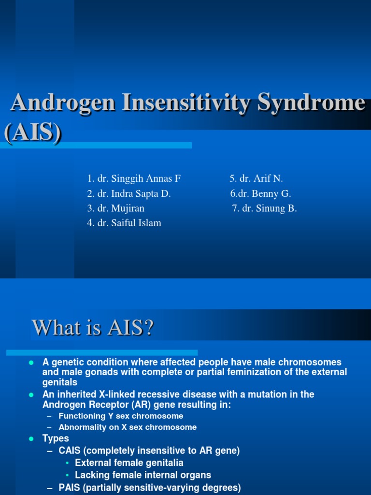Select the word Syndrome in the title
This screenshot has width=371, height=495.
click(x=312, y=103)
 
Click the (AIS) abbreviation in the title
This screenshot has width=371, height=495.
click(x=33, y=132)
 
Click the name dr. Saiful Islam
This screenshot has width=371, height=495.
click(x=129, y=223)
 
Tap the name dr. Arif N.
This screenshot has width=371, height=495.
click(x=261, y=178)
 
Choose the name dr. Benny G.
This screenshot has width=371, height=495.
click(x=264, y=193)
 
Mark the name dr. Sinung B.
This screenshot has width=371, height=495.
click(x=270, y=208)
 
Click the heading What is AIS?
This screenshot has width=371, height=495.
click(x=93, y=327)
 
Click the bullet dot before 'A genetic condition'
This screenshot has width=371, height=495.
click(x=31, y=363)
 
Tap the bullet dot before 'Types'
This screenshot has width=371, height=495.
click(x=31, y=439)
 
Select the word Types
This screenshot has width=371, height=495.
click(x=56, y=438)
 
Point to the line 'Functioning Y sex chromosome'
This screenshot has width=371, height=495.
click(x=121, y=416)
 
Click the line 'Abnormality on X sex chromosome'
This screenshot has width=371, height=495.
click(x=128, y=427)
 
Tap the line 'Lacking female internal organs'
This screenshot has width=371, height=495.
click(x=143, y=475)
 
